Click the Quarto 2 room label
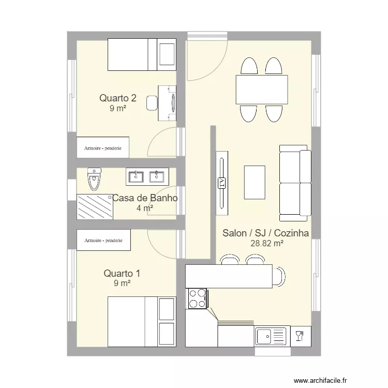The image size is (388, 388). click(x=118, y=98)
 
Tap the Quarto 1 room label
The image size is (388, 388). click(x=122, y=274)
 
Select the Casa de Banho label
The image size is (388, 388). click(x=145, y=198)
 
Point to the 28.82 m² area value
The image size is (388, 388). click(x=267, y=244)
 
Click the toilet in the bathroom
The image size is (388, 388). click(x=94, y=179)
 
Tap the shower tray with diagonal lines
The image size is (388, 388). click(x=95, y=207)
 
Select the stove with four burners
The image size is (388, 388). click(x=197, y=299)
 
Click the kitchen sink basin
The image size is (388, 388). click(x=264, y=336)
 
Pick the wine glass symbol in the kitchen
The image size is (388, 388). click(x=300, y=336)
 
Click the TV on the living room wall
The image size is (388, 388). click(x=222, y=183)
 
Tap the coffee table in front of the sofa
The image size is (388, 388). click(x=255, y=183)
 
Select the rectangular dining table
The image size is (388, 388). click(x=262, y=89)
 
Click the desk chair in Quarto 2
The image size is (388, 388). click(x=152, y=103)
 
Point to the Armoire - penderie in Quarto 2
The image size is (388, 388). click(x=103, y=147)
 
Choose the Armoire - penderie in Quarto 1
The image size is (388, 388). click(x=103, y=240)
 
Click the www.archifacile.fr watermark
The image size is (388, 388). click(x=320, y=380)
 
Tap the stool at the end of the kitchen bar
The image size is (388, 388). click(x=279, y=277)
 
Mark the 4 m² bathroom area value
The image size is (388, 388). click(x=145, y=208)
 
